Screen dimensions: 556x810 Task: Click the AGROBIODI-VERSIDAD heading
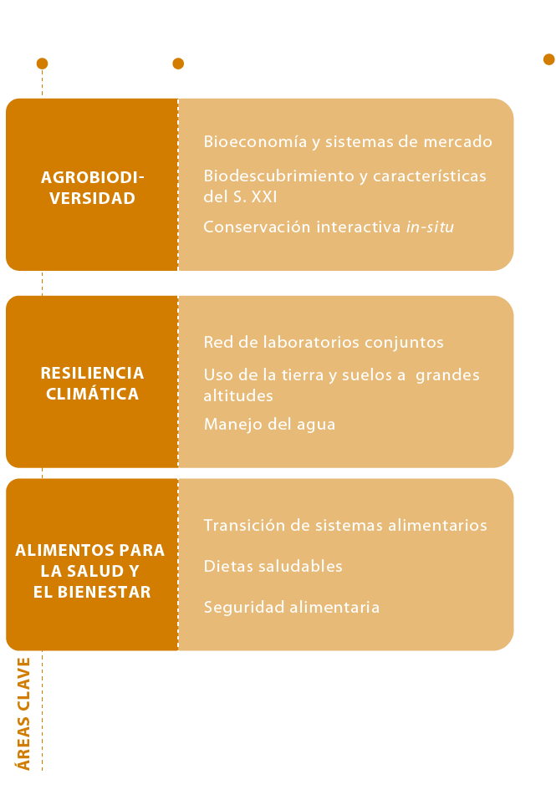93,187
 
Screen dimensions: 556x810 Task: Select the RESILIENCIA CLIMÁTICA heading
93,384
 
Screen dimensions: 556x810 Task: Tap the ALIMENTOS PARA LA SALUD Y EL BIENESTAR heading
90,571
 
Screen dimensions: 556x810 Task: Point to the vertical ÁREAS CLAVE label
23,714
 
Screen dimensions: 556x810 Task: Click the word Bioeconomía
255,141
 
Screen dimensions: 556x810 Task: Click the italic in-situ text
430,227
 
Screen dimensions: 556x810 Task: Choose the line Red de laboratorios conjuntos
324,343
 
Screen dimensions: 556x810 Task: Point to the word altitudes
238,395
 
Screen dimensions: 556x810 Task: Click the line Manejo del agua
270,425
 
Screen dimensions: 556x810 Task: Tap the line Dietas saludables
273,566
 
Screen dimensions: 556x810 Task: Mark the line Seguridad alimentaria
292,608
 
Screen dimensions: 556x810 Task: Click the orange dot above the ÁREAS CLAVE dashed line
43,64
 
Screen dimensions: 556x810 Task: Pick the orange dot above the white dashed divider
178,64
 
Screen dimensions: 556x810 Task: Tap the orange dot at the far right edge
549,59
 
